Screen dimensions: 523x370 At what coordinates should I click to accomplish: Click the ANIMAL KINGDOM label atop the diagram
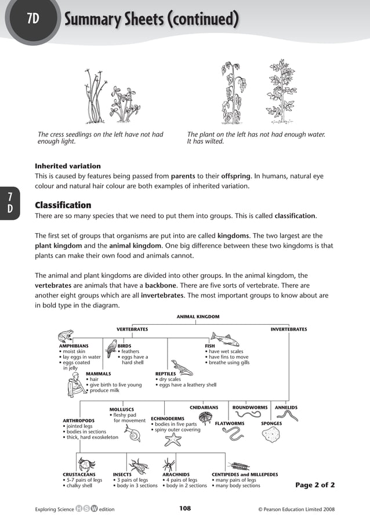(198, 317)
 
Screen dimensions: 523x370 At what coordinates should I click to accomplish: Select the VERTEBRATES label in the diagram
(132, 329)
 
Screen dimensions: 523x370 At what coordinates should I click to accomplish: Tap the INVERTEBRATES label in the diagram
(288, 329)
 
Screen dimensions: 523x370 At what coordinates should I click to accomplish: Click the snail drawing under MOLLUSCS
(135, 434)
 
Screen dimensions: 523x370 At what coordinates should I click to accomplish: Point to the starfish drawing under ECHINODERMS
(172, 440)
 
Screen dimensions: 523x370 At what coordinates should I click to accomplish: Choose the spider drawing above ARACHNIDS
(169, 464)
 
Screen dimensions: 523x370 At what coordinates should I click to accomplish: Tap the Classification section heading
(63, 205)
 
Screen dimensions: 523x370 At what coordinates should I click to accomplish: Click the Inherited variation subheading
(68, 166)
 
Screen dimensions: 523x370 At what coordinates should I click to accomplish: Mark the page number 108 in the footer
(184, 509)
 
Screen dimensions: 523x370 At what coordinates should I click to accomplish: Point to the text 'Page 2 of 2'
(315, 485)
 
